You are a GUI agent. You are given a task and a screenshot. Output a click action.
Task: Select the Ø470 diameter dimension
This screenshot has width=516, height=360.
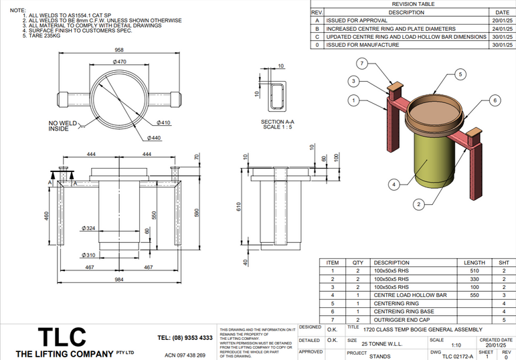(120, 62)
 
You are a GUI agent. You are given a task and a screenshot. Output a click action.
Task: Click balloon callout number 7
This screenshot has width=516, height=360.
(361, 64)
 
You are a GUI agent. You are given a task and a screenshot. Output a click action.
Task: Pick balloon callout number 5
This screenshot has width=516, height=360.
(460, 74)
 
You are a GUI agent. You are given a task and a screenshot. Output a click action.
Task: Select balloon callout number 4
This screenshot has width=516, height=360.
(395, 184)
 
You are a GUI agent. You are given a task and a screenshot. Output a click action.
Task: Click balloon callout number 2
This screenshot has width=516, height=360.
(418, 203)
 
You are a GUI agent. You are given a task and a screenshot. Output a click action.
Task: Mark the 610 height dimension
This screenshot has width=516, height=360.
(238, 208)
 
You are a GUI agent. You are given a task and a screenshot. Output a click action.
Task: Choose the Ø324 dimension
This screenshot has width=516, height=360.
(88, 228)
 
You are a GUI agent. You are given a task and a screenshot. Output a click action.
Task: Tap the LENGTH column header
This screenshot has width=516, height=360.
(475, 263)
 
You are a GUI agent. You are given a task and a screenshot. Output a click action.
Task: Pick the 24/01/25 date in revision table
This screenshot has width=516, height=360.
(501, 29)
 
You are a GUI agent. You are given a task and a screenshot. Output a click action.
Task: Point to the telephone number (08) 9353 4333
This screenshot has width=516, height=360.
(185, 338)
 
